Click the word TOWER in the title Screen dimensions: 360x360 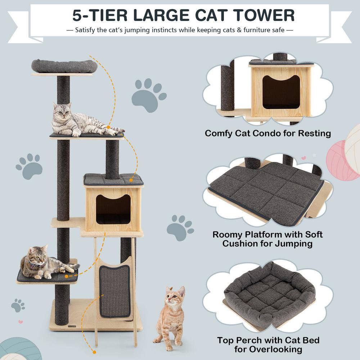pos(258,15)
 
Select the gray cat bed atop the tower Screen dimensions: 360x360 pos(64,66)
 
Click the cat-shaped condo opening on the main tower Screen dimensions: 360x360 pos(113,209)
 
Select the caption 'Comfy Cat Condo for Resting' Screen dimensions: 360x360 pos(268,133)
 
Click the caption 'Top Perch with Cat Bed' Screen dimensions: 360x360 pos(268,340)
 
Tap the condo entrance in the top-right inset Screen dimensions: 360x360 pos(281,92)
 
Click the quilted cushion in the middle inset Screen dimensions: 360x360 pos(266,191)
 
